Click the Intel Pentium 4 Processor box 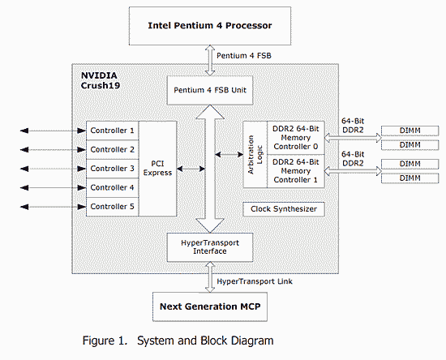(x=210, y=26)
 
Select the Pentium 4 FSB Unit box (x=210, y=90)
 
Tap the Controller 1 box (x=113, y=131)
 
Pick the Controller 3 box (x=113, y=169)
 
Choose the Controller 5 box (x=113, y=207)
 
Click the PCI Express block (x=157, y=169)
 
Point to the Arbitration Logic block (x=255, y=154)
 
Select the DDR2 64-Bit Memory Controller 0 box (x=296, y=138)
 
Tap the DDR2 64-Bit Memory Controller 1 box (x=296, y=171)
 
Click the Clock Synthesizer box (x=284, y=209)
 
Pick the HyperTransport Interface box (x=210, y=247)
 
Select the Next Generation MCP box (x=210, y=306)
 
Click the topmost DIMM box (x=410, y=131)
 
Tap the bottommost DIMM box (x=410, y=178)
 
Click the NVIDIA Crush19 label (x=101, y=80)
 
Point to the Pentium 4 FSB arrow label (x=244, y=55)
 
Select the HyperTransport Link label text (x=255, y=281)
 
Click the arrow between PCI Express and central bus (x=191, y=169)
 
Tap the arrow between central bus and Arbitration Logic (x=229, y=154)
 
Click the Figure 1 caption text (x=178, y=341)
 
